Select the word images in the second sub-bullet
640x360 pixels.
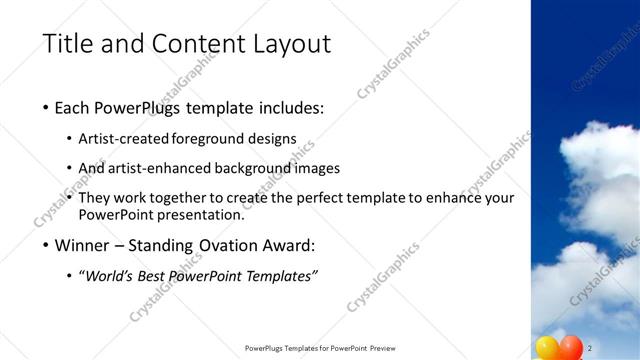click(318, 168)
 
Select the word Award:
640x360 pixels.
click(289, 244)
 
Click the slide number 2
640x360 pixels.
click(592, 347)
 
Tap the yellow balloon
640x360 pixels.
click(549, 347)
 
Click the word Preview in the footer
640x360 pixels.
click(389, 347)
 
